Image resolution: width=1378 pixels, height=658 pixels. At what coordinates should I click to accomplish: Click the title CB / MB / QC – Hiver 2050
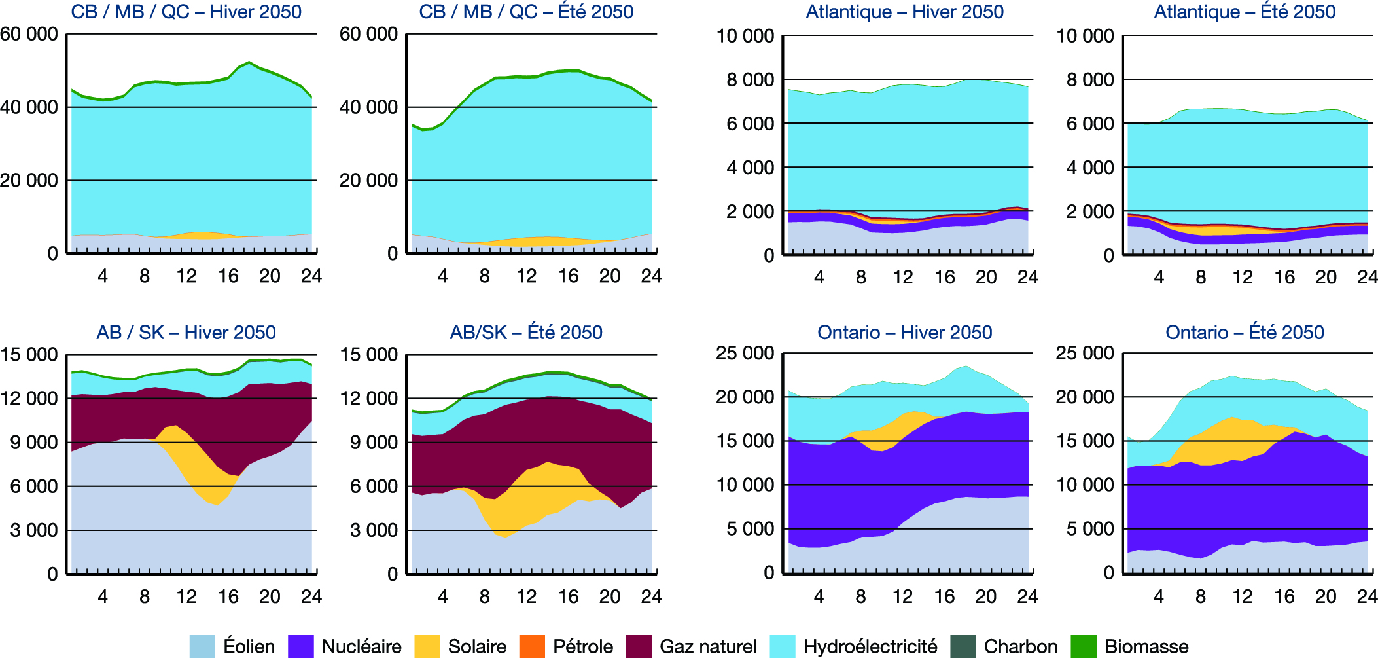pyautogui.click(x=186, y=12)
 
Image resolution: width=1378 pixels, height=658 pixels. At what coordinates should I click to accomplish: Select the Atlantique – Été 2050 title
pyautogui.click(x=1245, y=12)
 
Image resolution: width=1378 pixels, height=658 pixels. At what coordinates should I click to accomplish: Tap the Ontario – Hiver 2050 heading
pyautogui.click(x=904, y=333)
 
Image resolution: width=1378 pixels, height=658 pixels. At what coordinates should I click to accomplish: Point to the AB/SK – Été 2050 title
pyautogui.click(x=525, y=333)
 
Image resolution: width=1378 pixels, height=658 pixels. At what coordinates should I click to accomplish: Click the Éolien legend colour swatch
pyautogui.click(x=202, y=646)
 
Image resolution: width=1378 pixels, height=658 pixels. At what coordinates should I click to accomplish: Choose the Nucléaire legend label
pyautogui.click(x=361, y=647)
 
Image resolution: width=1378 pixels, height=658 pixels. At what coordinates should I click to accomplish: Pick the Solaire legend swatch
pyautogui.click(x=427, y=646)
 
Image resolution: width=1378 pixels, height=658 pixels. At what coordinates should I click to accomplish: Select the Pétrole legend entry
pyautogui.click(x=582, y=647)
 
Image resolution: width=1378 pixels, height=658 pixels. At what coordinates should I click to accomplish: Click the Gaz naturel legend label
pyautogui.click(x=708, y=647)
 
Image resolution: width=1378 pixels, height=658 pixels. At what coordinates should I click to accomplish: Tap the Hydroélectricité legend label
pyautogui.click(x=870, y=647)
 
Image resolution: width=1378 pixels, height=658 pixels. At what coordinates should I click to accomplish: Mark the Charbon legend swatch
pyautogui.click(x=963, y=646)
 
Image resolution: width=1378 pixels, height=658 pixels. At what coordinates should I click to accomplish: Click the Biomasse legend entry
pyautogui.click(x=1146, y=647)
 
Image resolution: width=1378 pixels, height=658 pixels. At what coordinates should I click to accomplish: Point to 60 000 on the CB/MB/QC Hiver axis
pyautogui.click(x=29, y=34)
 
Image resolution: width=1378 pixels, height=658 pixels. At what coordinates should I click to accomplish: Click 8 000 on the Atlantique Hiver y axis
pyautogui.click(x=750, y=80)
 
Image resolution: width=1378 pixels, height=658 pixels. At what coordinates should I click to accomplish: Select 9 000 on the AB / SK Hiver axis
pyautogui.click(x=33, y=443)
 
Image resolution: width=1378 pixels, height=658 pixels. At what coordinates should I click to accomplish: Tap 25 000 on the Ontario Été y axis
pyautogui.click(x=1084, y=354)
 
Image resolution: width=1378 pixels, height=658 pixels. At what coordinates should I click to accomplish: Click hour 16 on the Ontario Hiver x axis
pyautogui.click(x=944, y=596)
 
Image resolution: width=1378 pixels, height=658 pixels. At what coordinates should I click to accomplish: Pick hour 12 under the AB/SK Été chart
pyautogui.click(x=526, y=596)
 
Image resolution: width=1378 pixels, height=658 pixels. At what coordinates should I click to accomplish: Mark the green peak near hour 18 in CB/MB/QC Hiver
pyautogui.click(x=249, y=63)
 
